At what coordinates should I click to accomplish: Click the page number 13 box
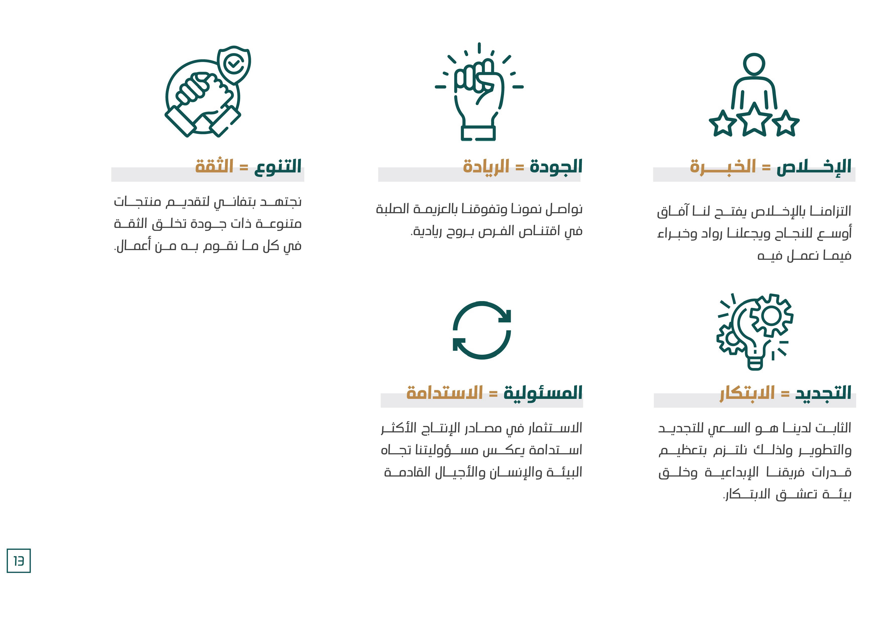18,561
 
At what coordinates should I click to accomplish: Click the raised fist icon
479,92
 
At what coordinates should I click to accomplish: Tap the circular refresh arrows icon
482,330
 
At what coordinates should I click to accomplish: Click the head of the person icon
754,64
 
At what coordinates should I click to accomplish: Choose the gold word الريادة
486,167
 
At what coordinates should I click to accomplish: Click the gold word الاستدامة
445,393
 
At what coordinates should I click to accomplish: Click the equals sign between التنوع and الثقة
244,167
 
